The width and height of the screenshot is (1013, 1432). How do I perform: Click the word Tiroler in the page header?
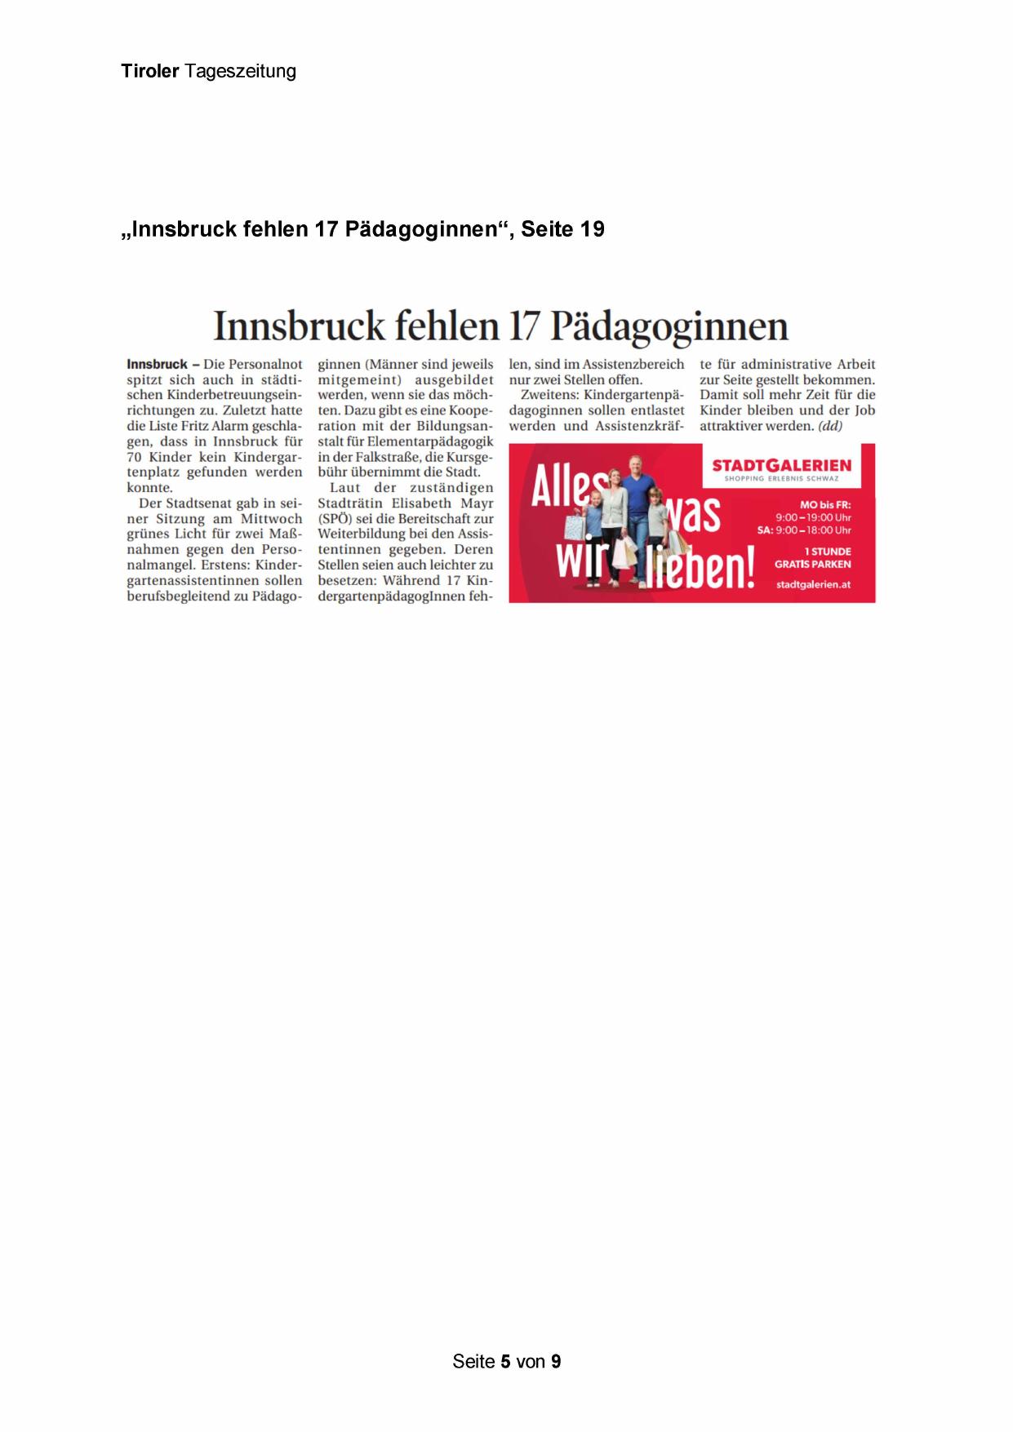149,71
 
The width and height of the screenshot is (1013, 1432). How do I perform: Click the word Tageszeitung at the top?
240,72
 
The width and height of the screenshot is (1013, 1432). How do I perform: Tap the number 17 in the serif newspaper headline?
524,326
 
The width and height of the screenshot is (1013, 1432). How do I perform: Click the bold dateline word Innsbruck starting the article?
157,364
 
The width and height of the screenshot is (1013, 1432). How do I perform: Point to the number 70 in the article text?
134,457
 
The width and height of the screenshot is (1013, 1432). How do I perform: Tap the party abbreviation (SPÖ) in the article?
335,519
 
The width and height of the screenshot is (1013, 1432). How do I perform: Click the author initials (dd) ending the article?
830,426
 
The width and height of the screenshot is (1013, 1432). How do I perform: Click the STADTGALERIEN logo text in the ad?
781,466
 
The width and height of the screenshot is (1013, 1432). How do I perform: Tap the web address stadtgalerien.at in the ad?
813,584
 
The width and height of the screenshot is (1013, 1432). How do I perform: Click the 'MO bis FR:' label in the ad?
824,505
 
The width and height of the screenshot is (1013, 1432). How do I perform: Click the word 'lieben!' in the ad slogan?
700,568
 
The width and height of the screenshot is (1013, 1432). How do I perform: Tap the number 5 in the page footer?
506,1361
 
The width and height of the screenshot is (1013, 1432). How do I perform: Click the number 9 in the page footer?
556,1361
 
